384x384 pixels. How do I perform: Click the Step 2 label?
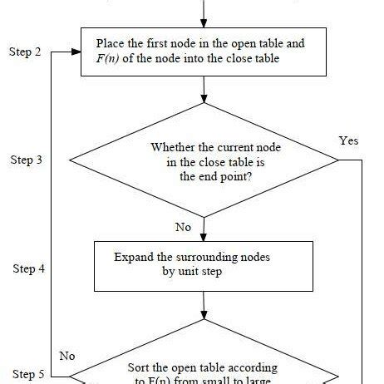(x=25, y=52)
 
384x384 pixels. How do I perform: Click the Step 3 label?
(x=25, y=160)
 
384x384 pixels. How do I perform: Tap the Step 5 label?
(x=25, y=375)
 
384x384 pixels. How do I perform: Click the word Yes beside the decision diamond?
(x=349, y=140)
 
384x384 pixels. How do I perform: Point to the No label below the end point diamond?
(x=184, y=226)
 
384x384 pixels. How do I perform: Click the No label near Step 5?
(x=68, y=355)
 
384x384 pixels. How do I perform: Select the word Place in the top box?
(x=112, y=43)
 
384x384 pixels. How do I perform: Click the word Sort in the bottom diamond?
(x=140, y=367)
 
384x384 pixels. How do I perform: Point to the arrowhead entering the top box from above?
(x=204, y=22)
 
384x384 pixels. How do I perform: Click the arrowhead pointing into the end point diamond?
(x=204, y=100)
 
